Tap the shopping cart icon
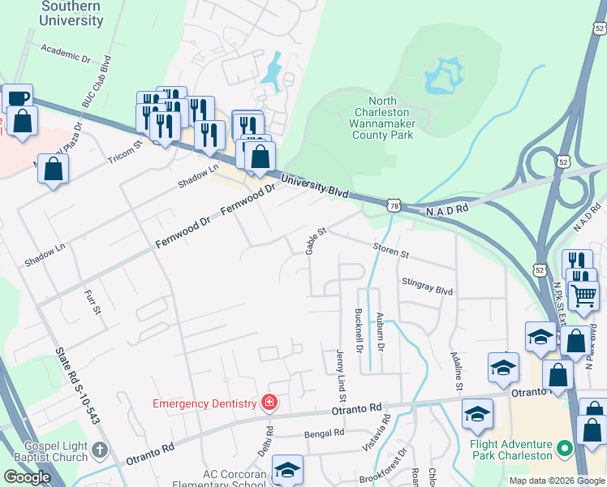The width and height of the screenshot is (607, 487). (x=583, y=297)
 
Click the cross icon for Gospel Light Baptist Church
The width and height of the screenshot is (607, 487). (x=99, y=449)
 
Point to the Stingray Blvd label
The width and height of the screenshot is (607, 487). (x=427, y=287)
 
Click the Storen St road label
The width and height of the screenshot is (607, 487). (x=390, y=250)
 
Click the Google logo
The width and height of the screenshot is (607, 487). (x=27, y=477)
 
